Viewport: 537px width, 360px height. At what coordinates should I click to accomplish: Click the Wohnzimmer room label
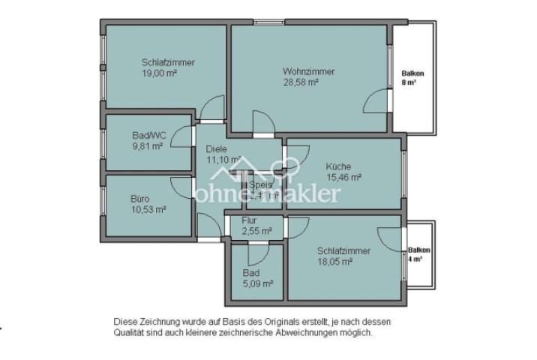(308, 72)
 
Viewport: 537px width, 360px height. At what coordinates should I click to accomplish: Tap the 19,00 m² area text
(159, 73)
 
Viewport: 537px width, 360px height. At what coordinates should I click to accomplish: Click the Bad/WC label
(148, 135)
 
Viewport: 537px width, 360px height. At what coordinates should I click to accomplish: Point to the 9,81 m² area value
(147, 146)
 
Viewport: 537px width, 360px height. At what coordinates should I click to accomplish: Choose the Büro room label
(140, 199)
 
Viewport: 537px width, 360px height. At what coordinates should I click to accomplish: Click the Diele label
(216, 148)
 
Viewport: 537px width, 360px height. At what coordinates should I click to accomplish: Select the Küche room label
(338, 166)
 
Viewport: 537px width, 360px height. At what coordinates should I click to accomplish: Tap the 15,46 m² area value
(344, 178)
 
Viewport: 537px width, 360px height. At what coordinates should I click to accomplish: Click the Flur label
(250, 220)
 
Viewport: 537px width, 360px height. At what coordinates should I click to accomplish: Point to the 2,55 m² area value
(256, 231)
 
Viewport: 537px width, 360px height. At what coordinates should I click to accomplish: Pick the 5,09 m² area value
(257, 284)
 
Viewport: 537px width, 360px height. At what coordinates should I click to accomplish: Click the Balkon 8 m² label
(412, 78)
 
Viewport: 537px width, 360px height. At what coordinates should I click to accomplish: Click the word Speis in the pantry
(259, 184)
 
